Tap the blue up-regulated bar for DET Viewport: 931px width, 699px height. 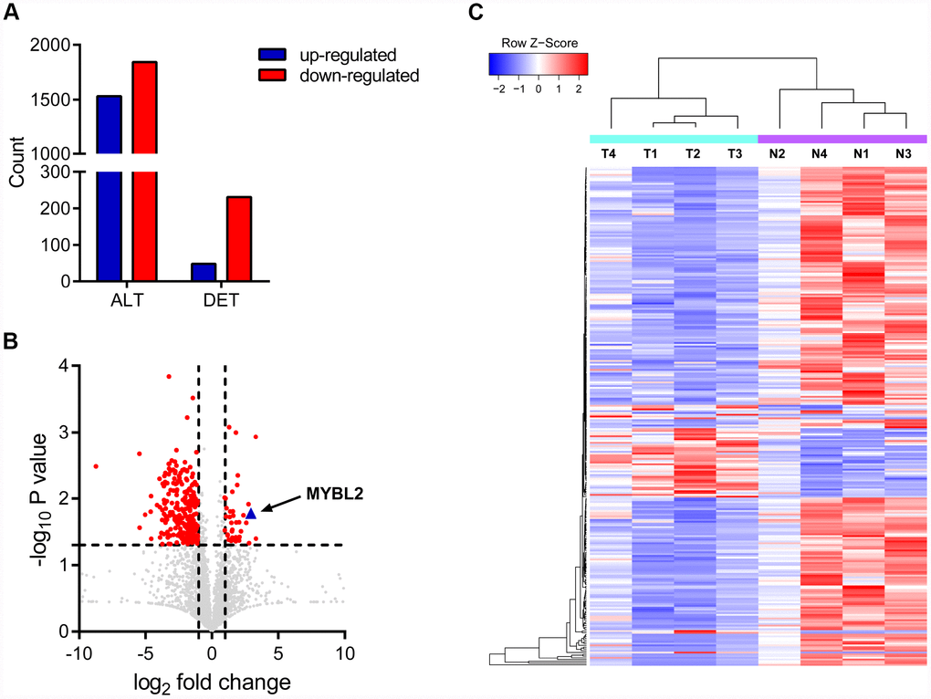pos(204,272)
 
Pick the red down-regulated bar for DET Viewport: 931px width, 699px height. pos(238,239)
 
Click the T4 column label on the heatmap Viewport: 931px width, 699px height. pos(609,153)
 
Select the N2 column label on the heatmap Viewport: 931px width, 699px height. pos(778,153)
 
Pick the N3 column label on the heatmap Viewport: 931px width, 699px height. pos(905,153)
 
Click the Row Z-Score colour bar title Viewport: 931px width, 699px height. pos(539,42)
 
